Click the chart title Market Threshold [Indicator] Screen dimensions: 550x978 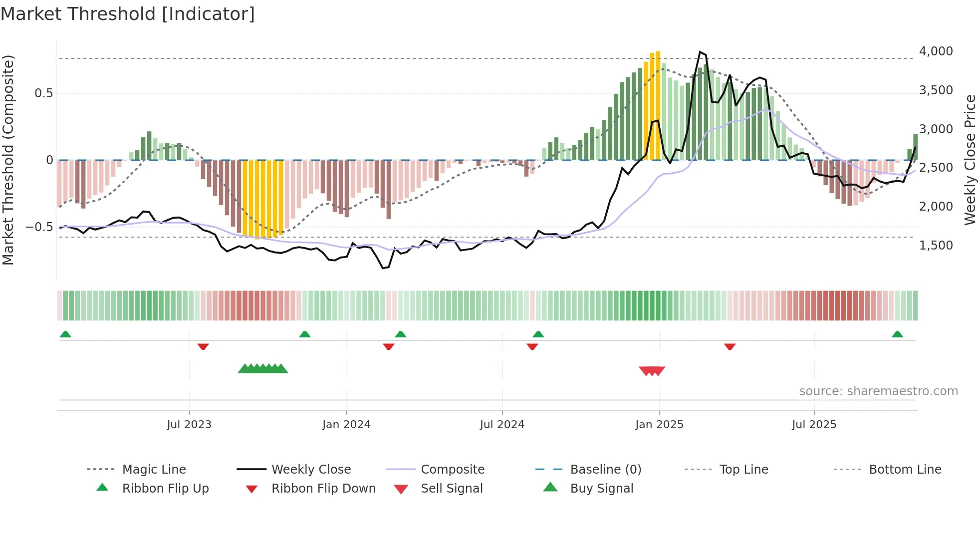click(128, 14)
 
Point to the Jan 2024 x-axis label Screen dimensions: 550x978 click(346, 425)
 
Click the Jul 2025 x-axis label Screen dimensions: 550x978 click(814, 425)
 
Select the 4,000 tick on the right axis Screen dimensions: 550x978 click(936, 51)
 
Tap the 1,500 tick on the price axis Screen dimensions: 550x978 click(936, 246)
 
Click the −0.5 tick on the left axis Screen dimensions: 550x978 click(39, 227)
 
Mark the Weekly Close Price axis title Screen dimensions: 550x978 click(970, 160)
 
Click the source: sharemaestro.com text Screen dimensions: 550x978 click(878, 391)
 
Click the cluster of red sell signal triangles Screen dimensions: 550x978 click(652, 371)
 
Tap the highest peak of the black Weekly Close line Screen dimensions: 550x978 click(701, 52)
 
